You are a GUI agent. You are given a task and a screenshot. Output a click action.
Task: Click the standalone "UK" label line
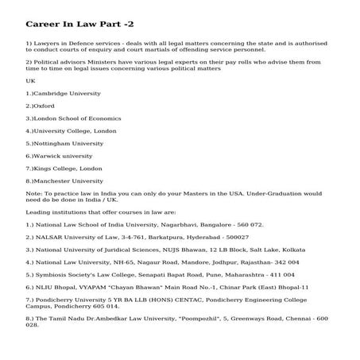click(x=30, y=80)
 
